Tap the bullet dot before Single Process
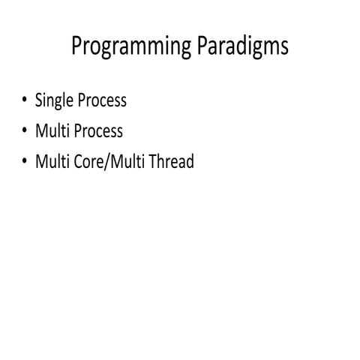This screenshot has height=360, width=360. (25, 100)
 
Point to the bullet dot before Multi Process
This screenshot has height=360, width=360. (25, 131)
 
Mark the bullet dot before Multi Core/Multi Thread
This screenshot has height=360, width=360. (25, 162)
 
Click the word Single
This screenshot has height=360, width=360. (54, 101)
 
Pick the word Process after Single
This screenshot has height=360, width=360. (102, 100)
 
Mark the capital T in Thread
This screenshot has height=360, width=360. (154, 161)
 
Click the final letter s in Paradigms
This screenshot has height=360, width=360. (283, 48)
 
